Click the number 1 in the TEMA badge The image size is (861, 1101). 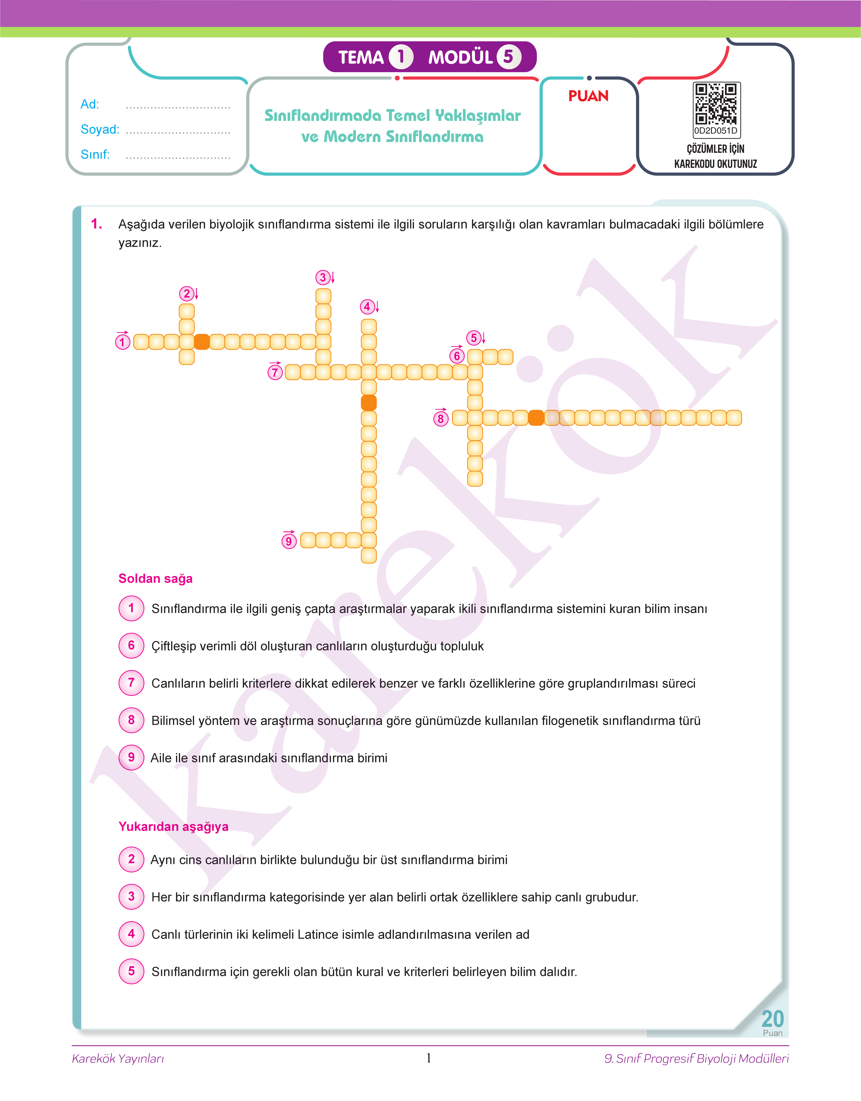(x=401, y=57)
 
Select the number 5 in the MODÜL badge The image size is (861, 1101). (x=508, y=57)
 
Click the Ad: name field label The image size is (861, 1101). (x=90, y=104)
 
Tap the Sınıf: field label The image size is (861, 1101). (x=95, y=154)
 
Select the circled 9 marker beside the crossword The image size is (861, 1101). (x=288, y=541)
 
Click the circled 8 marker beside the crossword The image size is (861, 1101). (x=441, y=419)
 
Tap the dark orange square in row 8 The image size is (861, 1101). (x=536, y=418)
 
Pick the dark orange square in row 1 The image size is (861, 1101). (x=202, y=342)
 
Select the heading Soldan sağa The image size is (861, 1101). (x=155, y=579)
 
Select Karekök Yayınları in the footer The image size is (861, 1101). (x=118, y=1059)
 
